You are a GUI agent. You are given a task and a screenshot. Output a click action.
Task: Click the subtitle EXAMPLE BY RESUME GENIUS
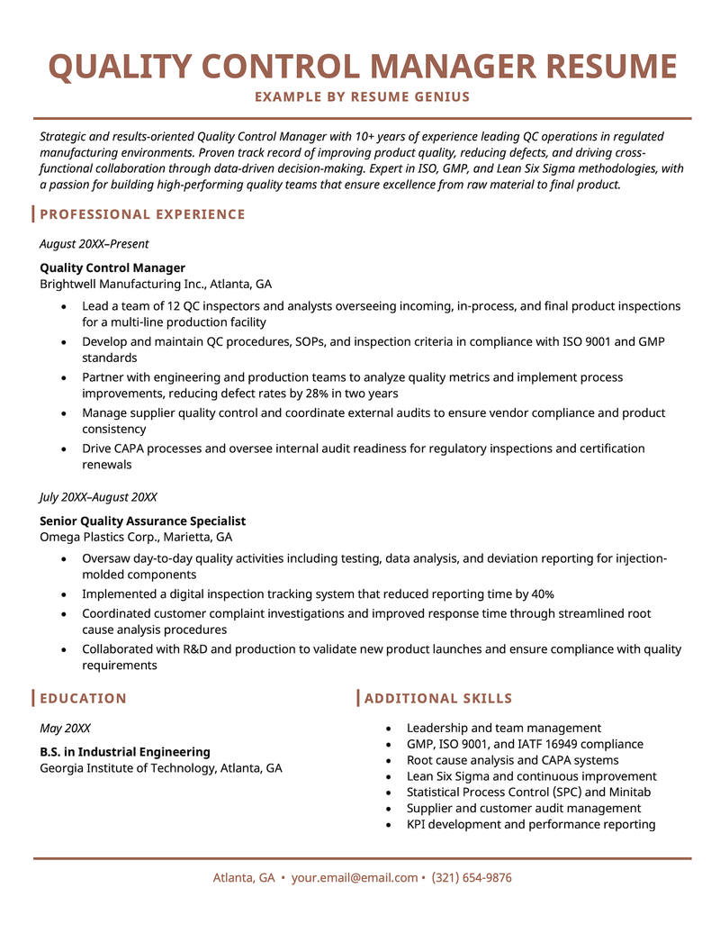click(362, 96)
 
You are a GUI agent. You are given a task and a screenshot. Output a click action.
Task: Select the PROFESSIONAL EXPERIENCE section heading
click(142, 214)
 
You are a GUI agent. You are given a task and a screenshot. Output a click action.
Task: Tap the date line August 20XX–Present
click(94, 244)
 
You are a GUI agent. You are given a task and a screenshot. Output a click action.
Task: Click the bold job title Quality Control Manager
click(112, 267)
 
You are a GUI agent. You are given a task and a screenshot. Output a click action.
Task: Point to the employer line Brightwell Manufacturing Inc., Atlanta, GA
click(156, 283)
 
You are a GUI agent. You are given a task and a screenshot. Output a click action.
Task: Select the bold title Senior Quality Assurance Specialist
click(142, 521)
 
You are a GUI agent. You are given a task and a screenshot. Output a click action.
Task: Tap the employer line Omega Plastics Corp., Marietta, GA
click(136, 537)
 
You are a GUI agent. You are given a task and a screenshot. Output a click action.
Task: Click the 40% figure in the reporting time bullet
click(543, 594)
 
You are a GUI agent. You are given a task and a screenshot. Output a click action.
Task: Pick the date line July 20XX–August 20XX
click(98, 497)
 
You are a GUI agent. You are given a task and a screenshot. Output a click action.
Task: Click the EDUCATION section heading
click(83, 699)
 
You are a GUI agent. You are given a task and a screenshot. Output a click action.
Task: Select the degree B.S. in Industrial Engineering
click(125, 752)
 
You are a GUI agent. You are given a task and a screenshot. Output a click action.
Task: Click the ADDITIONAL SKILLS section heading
click(438, 699)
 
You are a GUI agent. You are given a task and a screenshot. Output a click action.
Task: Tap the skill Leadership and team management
click(503, 728)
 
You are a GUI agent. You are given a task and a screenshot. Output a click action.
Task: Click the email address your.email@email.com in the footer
click(355, 878)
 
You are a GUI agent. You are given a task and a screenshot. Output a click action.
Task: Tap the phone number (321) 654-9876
click(472, 878)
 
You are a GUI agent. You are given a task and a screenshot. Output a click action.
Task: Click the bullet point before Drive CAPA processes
click(63, 448)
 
